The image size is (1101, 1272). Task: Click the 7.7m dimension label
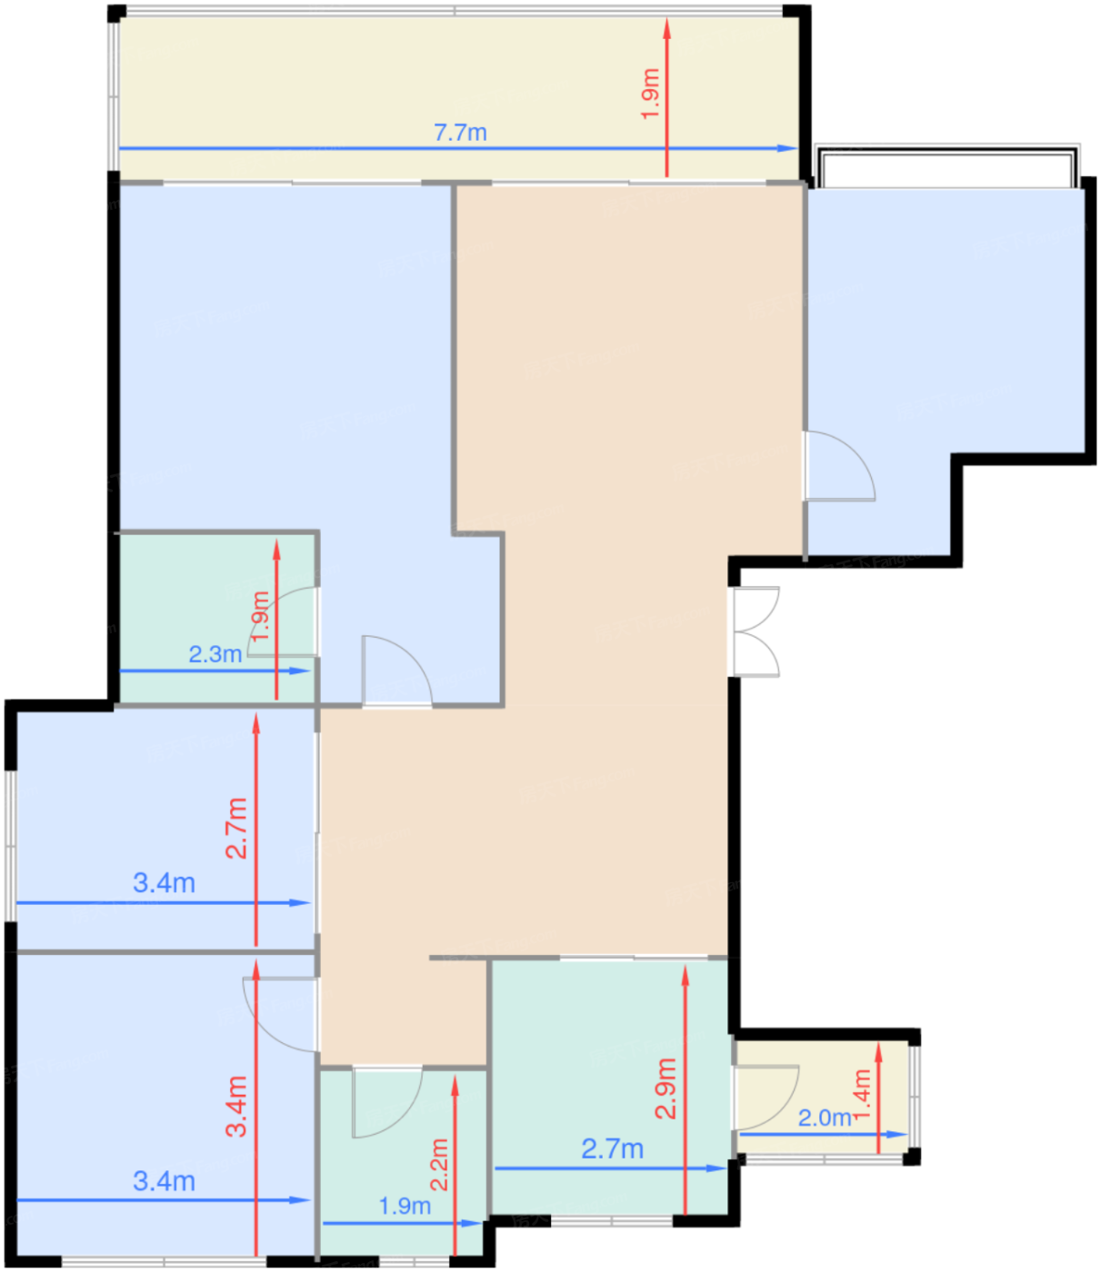click(460, 133)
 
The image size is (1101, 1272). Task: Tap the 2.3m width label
click(215, 654)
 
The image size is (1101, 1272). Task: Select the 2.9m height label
click(666, 1088)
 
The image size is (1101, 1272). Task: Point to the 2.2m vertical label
click(439, 1165)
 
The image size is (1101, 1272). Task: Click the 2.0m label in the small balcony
click(825, 1118)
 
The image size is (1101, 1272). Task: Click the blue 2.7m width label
click(612, 1149)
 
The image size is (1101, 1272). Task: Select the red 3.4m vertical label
click(235, 1106)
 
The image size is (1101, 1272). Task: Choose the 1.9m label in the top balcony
click(650, 94)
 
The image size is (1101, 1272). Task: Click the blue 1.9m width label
click(405, 1207)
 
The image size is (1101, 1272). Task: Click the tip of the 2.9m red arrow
click(686, 966)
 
